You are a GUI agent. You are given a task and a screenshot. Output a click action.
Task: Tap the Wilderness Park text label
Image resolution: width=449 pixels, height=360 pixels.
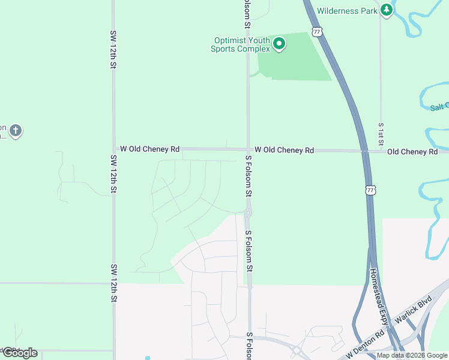(348, 11)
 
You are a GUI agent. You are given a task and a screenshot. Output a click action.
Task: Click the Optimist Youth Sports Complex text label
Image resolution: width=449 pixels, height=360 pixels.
(240, 45)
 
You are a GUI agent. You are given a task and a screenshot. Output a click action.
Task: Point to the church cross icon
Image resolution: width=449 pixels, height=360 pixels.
(16, 130)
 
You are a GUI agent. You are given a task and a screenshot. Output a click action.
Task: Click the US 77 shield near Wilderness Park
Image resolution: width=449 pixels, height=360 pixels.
(317, 31)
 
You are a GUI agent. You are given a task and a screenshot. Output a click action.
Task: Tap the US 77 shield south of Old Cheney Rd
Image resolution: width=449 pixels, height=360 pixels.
(370, 190)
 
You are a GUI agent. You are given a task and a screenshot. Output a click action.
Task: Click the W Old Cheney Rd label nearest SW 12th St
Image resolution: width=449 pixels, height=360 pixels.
(149, 149)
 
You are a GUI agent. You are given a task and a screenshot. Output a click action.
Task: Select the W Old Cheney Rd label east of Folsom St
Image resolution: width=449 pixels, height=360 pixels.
(284, 150)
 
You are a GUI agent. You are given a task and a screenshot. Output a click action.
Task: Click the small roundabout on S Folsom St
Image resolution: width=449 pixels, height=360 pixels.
(248, 212)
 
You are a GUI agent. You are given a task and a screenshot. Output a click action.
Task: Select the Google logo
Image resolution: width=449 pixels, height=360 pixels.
(20, 353)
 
